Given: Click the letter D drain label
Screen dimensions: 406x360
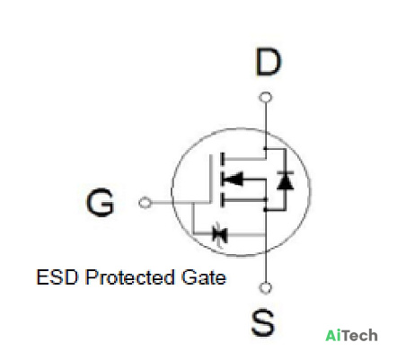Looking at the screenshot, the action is click(x=269, y=63).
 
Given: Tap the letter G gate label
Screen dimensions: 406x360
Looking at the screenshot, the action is click(x=100, y=202).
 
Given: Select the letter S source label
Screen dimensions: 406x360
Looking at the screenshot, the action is click(x=262, y=323).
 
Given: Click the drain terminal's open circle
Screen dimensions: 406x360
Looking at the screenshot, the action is click(x=265, y=97).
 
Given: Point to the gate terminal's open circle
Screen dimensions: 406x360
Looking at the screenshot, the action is click(x=146, y=203).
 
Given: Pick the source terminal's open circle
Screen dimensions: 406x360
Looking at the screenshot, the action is click(x=265, y=287).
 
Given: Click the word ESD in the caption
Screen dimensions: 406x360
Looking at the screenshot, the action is click(x=57, y=277).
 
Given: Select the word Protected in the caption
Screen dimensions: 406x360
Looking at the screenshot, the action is click(x=129, y=277).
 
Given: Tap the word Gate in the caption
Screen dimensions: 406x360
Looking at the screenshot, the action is click(x=204, y=277).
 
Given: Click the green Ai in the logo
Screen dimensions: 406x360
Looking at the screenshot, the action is click(x=333, y=335).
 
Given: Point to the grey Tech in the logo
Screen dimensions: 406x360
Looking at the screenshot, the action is click(x=359, y=335).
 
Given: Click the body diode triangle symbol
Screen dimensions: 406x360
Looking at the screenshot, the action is click(x=286, y=180).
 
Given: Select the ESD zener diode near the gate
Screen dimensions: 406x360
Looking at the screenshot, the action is click(x=220, y=233).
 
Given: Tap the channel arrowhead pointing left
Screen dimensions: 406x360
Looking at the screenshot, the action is click(x=234, y=179).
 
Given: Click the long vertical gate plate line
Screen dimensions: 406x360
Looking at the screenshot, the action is click(x=211, y=179).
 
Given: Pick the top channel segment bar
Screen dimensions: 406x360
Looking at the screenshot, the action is click(x=222, y=159).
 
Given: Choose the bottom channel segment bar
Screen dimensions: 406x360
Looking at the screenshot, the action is click(x=222, y=199).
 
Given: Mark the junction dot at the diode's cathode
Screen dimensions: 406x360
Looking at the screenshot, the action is click(x=265, y=148).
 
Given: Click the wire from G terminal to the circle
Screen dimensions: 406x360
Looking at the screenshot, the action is click(x=162, y=203).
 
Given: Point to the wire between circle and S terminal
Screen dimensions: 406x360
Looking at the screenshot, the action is click(x=265, y=267).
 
